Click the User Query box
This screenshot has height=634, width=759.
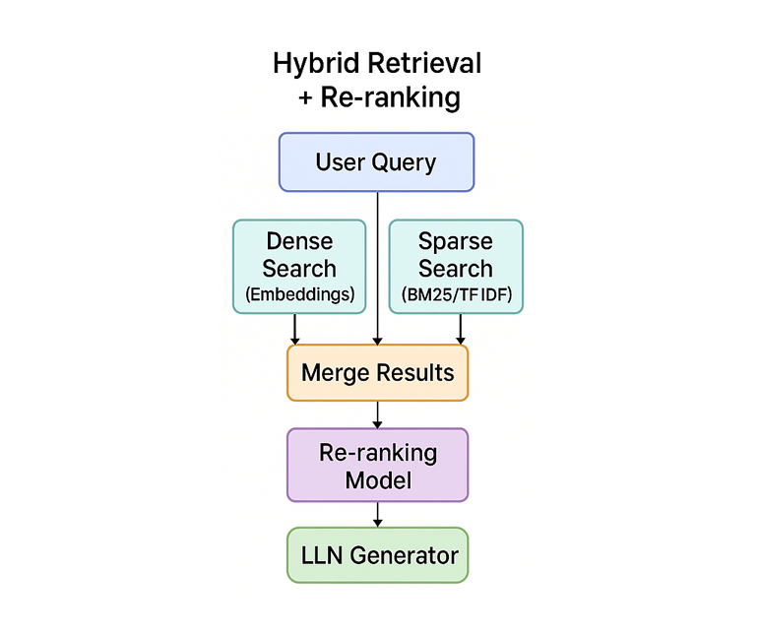pyautogui.click(x=377, y=161)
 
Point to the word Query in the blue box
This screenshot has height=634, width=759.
pyautogui.click(x=405, y=162)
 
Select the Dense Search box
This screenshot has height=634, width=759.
pyautogui.click(x=299, y=266)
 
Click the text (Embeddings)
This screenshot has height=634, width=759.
pyautogui.click(x=299, y=293)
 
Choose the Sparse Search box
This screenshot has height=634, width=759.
pyautogui.click(x=456, y=266)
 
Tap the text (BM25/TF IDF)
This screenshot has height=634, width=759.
pyautogui.click(x=456, y=293)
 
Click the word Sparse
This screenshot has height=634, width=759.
pyautogui.click(x=456, y=241)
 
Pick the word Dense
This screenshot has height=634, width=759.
pyautogui.click(x=299, y=241)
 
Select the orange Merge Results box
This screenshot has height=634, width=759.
pyautogui.click(x=377, y=373)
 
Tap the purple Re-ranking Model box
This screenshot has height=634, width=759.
pyautogui.click(x=377, y=466)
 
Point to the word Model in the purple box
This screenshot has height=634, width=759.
pyautogui.click(x=377, y=480)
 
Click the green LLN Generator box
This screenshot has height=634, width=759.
pyautogui.click(x=377, y=555)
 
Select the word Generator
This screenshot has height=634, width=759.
pyautogui.click(x=404, y=555)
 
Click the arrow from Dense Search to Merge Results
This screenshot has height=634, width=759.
pyautogui.click(x=295, y=330)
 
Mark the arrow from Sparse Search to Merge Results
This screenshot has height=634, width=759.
pyautogui.click(x=460, y=330)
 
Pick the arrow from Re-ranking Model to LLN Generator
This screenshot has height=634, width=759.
pyautogui.click(x=378, y=515)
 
